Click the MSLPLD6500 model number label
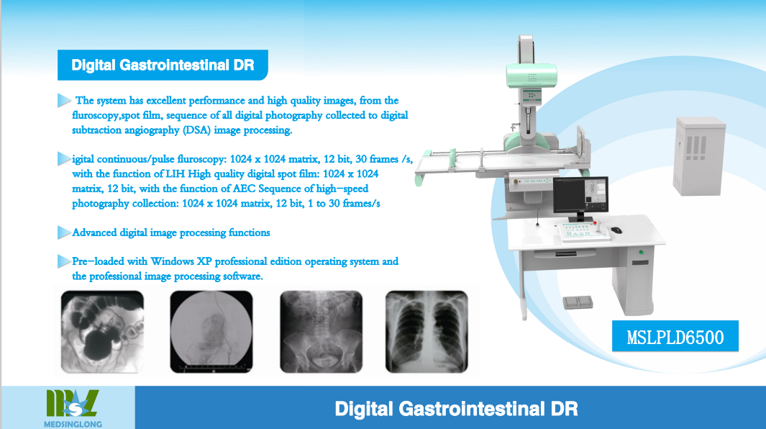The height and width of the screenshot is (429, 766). coord(675,336)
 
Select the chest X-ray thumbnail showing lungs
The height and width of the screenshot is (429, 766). coord(427,332)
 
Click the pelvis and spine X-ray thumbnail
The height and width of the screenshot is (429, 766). coord(321,332)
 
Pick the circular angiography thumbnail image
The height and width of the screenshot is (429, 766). coord(211,332)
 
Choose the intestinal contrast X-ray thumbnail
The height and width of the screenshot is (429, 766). coord(102,332)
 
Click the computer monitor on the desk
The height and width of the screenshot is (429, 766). coord(581,197)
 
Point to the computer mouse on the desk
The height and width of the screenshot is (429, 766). coord(616,230)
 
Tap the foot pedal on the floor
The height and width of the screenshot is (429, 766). coord(578,302)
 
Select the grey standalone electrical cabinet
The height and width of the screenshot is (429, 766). coord(698,156)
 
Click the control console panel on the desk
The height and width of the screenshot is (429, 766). coord(583,232)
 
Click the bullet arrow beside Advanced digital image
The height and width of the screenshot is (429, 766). coord(64,232)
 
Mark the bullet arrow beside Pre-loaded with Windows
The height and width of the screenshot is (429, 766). coord(64,261)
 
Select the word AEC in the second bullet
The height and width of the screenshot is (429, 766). coord(244,189)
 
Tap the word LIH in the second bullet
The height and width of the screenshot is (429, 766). coord(175,174)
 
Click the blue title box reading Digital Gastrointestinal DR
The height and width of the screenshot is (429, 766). coord(163,65)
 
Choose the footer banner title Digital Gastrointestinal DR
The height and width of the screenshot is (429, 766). coord(456,409)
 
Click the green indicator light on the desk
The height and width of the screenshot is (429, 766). coord(641,253)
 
